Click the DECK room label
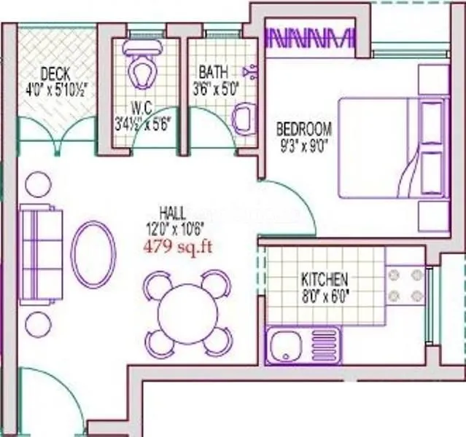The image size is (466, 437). (55, 74)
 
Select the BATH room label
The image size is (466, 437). (213, 72)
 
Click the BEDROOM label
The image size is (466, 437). (303, 130)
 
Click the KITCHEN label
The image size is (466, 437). (325, 280)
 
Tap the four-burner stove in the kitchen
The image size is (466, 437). (405, 286)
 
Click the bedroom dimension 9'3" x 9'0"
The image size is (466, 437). (303, 145)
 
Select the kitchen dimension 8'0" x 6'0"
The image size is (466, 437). (325, 296)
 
